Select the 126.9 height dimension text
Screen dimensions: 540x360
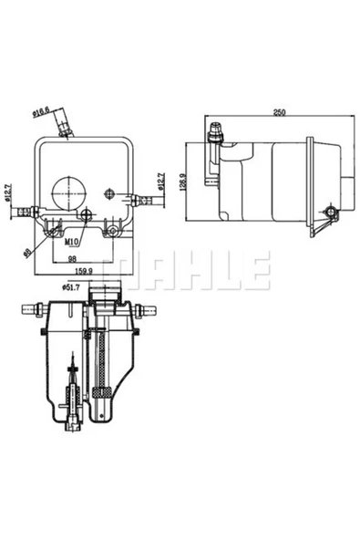coord(183,182)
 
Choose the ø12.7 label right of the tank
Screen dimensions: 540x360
coord(161,182)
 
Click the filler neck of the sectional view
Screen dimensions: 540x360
coord(108,296)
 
